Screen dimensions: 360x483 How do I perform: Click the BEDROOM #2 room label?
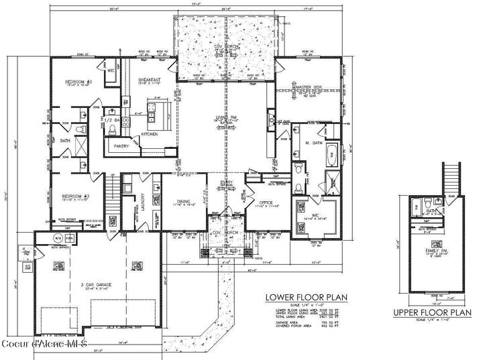coord(78,82)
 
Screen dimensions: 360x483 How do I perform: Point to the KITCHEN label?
coord(150,134)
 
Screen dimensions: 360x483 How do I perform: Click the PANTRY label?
coord(121,145)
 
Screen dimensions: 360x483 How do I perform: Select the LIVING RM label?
coord(225,117)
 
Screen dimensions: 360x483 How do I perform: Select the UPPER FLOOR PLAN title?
coord(431,312)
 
